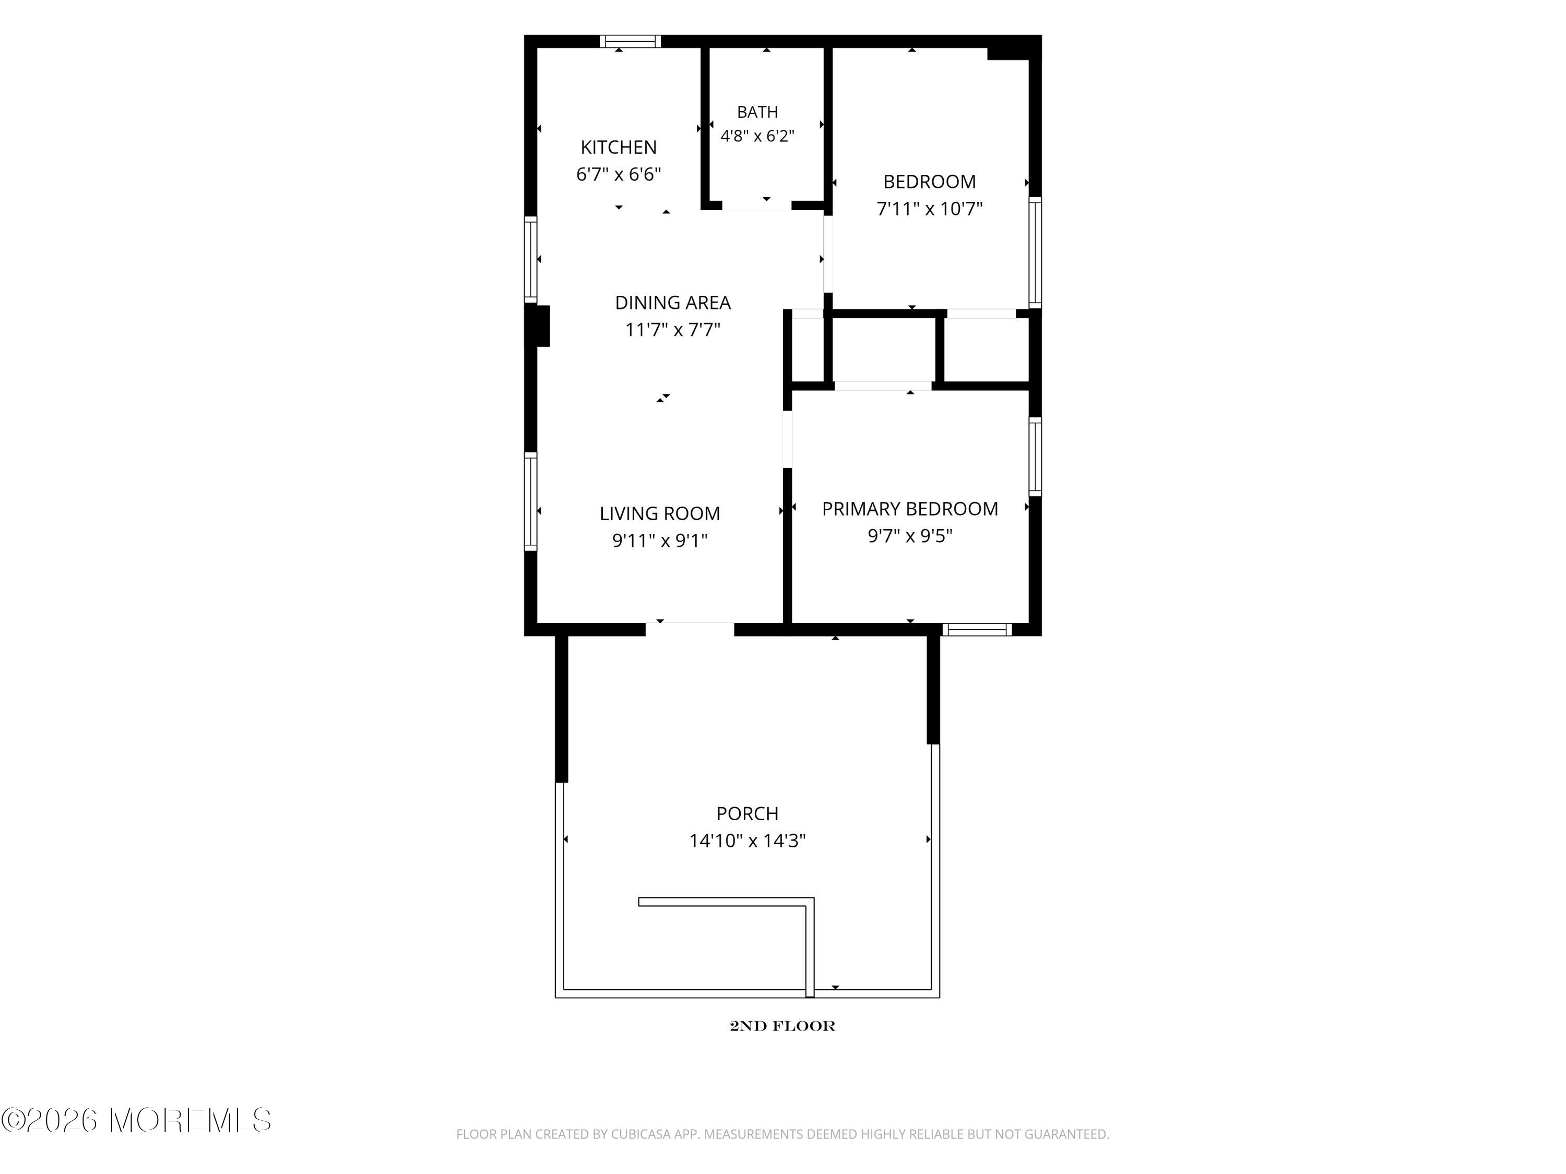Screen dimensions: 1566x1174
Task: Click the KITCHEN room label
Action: click(x=619, y=147)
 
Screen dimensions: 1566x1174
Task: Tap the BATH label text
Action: click(x=757, y=112)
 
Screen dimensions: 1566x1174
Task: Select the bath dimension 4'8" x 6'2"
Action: click(x=757, y=136)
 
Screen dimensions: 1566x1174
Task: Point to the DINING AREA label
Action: click(x=672, y=303)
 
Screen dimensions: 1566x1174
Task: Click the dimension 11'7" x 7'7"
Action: click(x=672, y=330)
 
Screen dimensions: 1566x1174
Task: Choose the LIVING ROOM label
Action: click(x=660, y=513)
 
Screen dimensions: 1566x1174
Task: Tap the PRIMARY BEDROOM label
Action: click(x=910, y=509)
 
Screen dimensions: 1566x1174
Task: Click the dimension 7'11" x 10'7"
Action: click(x=930, y=209)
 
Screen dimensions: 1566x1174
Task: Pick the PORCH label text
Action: click(x=748, y=814)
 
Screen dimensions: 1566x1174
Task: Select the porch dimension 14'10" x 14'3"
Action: click(x=748, y=841)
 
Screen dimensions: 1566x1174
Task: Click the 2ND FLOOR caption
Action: click(x=782, y=1026)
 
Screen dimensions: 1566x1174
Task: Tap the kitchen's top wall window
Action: click(x=630, y=41)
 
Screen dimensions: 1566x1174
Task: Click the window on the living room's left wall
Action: click(x=530, y=501)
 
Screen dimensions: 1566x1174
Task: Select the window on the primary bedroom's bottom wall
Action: click(x=977, y=630)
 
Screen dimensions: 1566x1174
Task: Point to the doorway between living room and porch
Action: click(x=690, y=629)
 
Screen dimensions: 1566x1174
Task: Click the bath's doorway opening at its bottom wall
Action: click(x=756, y=205)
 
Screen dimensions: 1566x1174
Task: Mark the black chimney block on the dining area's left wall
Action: click(x=538, y=326)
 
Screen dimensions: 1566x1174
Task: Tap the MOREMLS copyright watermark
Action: click(x=136, y=1120)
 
